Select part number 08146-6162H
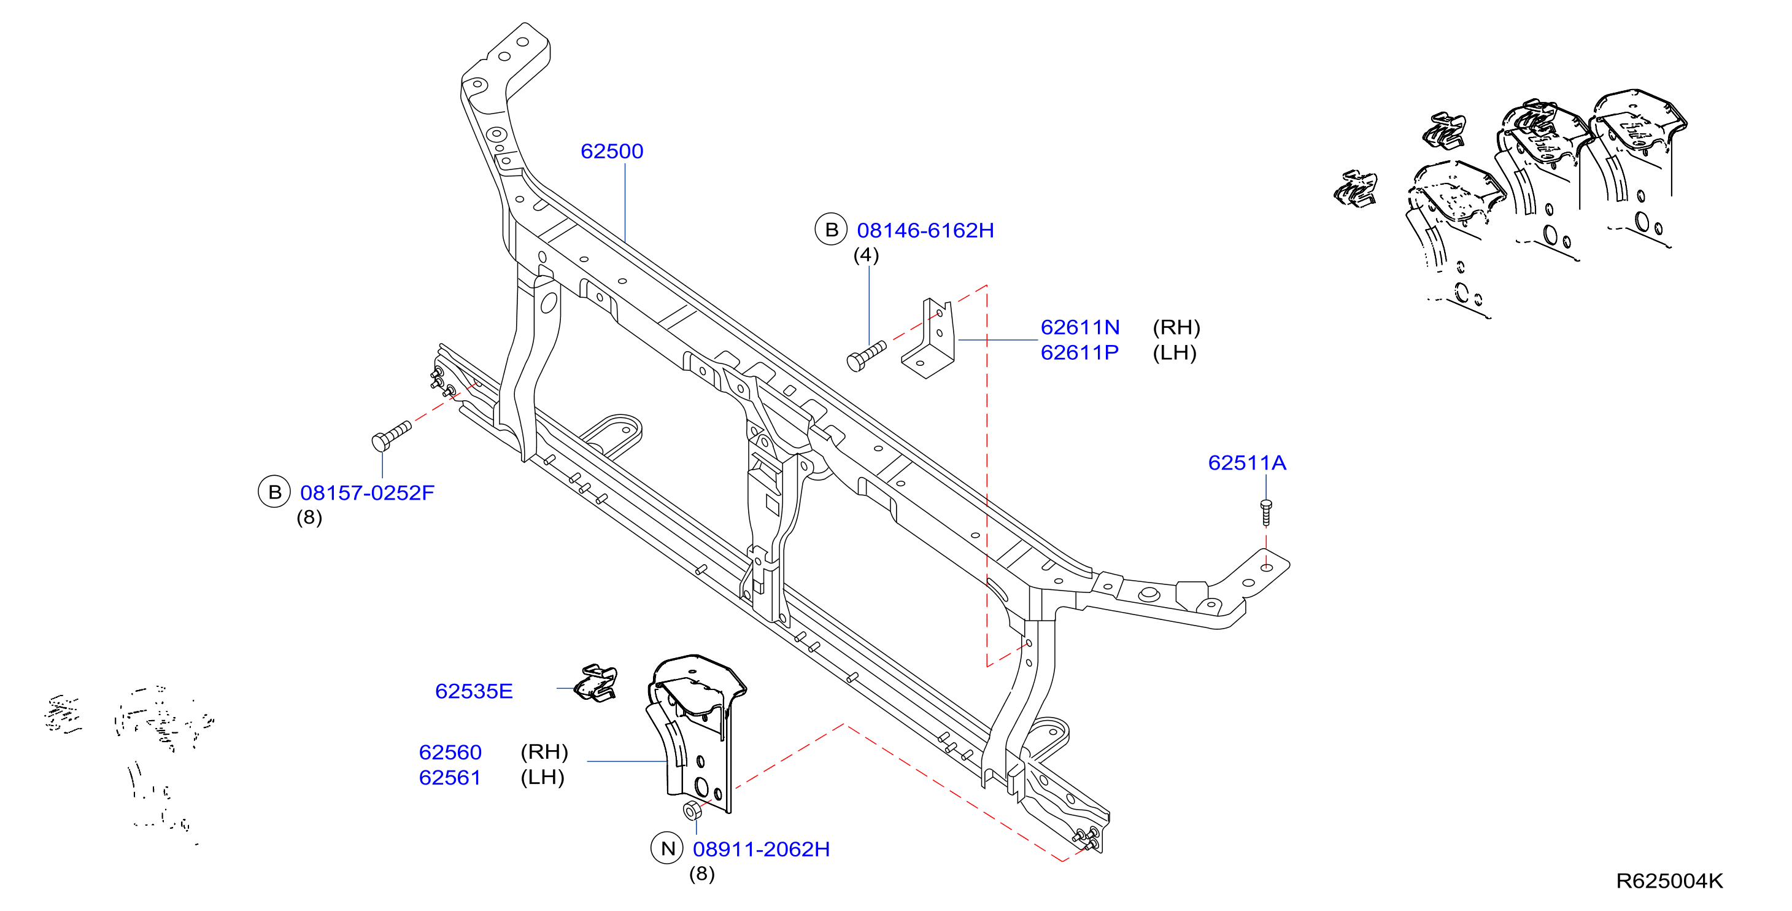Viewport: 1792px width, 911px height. click(925, 230)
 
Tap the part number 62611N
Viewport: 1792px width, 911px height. click(1079, 327)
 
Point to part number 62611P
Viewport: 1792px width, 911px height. click(1079, 353)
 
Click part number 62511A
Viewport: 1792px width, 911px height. click(1246, 463)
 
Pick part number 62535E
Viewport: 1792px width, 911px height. click(474, 691)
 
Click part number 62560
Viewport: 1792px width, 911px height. click(450, 753)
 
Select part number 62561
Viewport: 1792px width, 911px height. click(449, 777)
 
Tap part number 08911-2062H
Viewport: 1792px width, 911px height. click(761, 849)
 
